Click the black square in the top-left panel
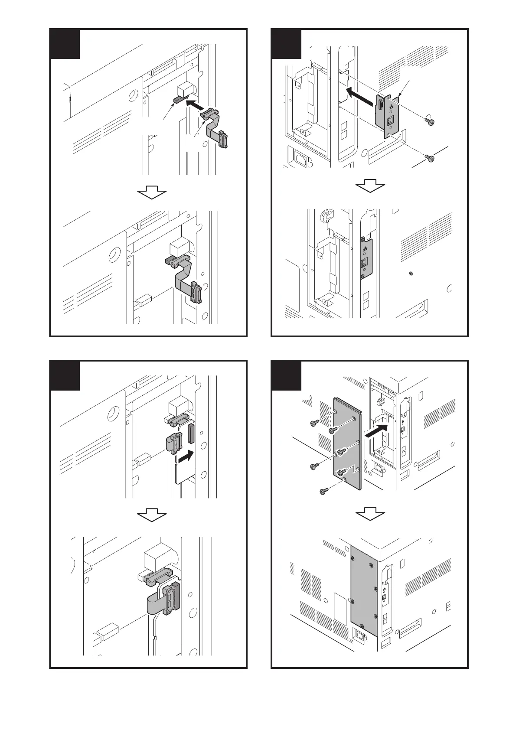tap(65, 44)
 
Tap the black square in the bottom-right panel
tap(286, 375)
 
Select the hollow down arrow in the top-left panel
tap(152, 192)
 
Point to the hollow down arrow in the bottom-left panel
tap(152, 515)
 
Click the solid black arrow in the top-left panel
tap(194, 104)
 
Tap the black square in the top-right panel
tap(286, 44)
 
